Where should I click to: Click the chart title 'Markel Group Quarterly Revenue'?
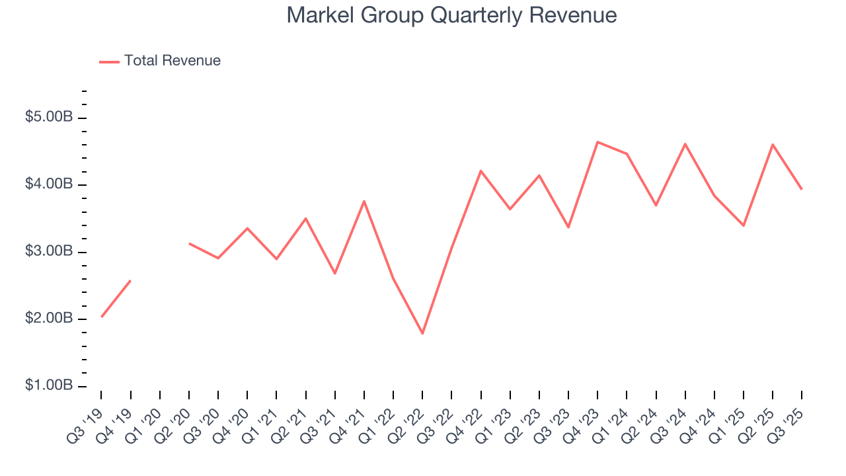click(452, 15)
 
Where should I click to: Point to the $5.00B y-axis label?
click(49, 118)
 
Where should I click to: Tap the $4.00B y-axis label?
click(49, 184)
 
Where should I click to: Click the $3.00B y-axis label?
click(49, 252)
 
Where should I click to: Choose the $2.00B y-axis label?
click(49, 319)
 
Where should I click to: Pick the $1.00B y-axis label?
click(49, 386)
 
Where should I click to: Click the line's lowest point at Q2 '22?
click(422, 333)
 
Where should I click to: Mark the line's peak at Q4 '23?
click(597, 141)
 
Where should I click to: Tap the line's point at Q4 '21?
click(364, 201)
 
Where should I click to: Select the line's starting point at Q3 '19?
click(101, 317)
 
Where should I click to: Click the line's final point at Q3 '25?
click(802, 189)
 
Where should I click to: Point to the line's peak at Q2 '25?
click(773, 144)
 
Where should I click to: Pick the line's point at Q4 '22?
click(481, 171)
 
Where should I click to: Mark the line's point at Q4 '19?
click(130, 280)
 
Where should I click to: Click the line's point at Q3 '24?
click(685, 143)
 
